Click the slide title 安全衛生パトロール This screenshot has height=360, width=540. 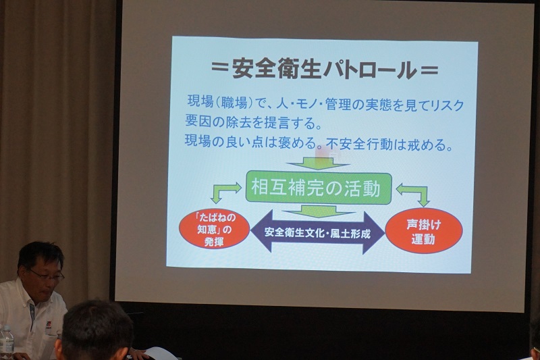click(x=324, y=69)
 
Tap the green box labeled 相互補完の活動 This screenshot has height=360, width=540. click(x=319, y=188)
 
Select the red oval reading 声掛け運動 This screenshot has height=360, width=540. click(x=424, y=231)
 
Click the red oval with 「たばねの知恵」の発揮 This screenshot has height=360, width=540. click(x=214, y=229)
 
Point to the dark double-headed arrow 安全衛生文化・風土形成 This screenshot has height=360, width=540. click(x=317, y=232)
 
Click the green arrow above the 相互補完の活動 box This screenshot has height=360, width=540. click(x=318, y=163)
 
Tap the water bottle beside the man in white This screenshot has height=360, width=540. click(x=6, y=340)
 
